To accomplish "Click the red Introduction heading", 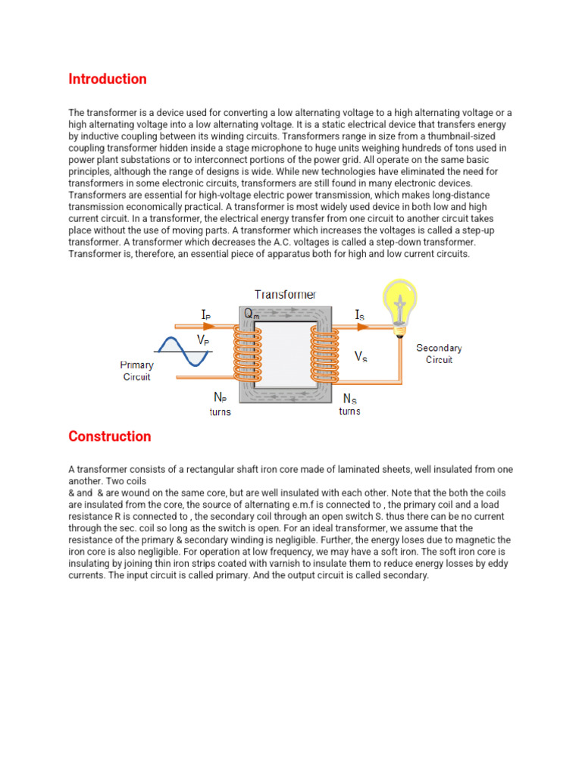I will pos(108,79).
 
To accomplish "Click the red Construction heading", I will pos(109,436).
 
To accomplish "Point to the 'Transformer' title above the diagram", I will pos(286,294).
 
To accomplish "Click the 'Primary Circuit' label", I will pos(137,371).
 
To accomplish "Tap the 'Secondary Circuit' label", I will pos(439,354).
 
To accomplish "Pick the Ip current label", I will pos(206,313).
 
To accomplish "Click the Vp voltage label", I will pos(204,341).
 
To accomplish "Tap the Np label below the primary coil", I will pos(220,396).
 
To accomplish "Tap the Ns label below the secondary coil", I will pos(350,397).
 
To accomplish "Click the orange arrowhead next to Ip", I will pos(208,327).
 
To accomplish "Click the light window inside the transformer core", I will pos(283,355).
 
